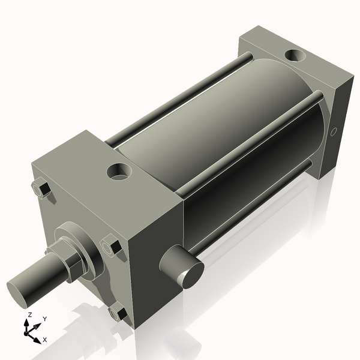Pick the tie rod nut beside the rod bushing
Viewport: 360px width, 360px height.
tap(112, 246)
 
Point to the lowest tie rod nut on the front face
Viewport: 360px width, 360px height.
tap(118, 313)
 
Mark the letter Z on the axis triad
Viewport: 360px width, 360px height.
tap(29, 314)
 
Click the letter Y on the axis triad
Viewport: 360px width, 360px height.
tap(45, 320)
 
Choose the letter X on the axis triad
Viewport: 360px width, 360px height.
tap(44, 340)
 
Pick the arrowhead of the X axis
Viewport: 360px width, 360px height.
tap(37, 338)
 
